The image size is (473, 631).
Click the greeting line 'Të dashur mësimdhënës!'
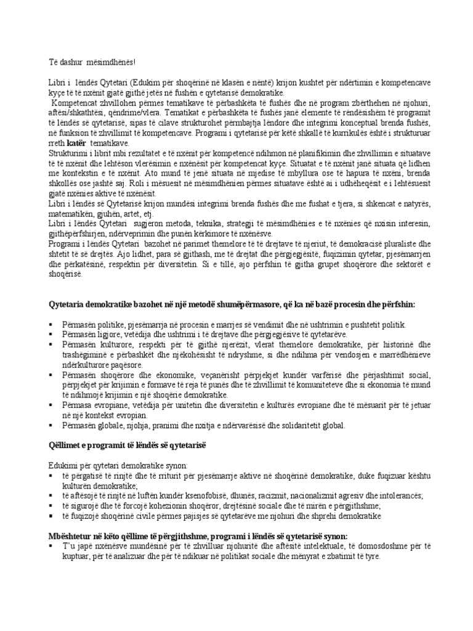(x=92, y=62)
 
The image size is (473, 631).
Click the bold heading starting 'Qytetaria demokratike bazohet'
(x=232, y=304)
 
